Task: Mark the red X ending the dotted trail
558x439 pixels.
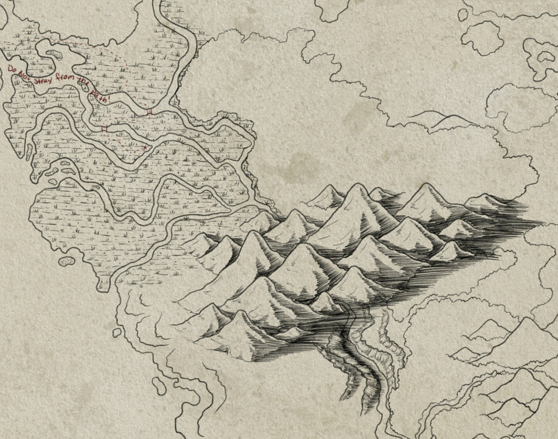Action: (144, 147)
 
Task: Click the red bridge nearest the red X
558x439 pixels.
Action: (103, 129)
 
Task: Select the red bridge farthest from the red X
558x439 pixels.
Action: (150, 112)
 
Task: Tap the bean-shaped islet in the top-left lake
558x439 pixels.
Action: (53, 55)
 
